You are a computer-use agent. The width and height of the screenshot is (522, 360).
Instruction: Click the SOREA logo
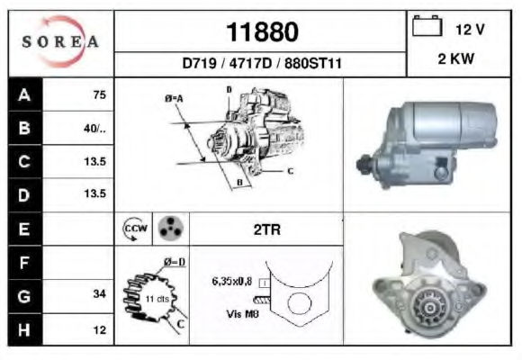point(60,41)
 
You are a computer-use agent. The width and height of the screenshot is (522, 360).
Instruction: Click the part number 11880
point(262,32)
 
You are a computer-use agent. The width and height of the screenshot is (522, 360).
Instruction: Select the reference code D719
point(200,63)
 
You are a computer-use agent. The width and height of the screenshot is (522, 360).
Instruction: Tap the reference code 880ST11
point(313,63)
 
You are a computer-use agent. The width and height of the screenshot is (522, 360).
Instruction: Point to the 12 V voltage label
point(470,30)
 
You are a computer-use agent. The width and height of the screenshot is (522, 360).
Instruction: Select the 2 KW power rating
point(455,58)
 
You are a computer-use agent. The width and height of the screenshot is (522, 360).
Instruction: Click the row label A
point(24,94)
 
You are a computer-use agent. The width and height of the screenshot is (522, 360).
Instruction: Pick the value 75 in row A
point(100,94)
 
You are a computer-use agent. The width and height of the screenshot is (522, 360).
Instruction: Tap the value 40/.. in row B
point(94,128)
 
